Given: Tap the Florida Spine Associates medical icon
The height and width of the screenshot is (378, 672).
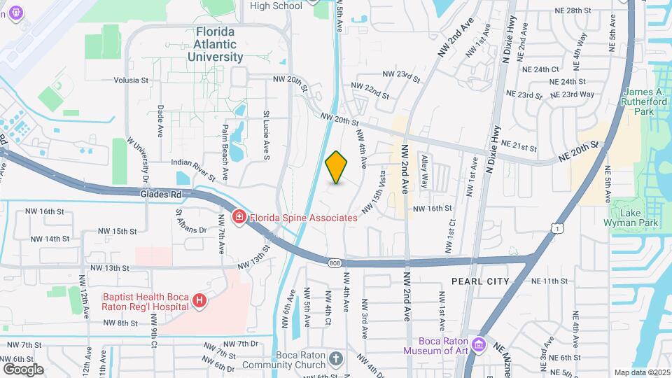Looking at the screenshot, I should pos(239,218).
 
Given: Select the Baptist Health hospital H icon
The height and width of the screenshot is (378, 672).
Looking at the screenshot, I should pos(199,300).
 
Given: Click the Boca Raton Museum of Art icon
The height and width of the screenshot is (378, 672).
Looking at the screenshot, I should pos(479,344).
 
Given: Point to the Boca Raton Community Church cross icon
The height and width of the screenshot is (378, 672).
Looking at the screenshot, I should pos(336,360).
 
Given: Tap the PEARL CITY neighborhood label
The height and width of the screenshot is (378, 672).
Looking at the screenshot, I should pos(480,281).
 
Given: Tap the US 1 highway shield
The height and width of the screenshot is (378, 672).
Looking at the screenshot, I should pos(557,227).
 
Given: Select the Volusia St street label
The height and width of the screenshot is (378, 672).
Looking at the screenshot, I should pos(126,80).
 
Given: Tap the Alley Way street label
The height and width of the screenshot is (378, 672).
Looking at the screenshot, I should pos(425,171).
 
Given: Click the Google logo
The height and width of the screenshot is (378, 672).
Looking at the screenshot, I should pos(23,369).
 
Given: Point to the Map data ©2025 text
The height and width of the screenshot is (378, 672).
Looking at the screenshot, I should pos(642,372).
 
